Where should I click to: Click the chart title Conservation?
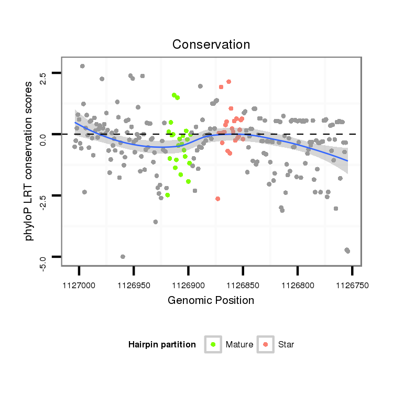point(211,45)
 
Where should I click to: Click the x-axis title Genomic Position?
point(211,300)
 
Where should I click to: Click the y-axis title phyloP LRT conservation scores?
point(29,163)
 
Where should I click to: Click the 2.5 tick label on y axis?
point(43,79)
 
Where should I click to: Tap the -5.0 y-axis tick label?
point(43,262)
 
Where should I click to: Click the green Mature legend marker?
point(213,344)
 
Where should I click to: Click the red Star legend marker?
point(266,344)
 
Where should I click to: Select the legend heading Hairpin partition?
point(162,345)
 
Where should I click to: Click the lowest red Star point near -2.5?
point(217,199)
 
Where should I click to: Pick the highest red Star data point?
point(228,81)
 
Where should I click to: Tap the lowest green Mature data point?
point(167,195)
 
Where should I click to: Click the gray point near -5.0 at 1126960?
point(123,257)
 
